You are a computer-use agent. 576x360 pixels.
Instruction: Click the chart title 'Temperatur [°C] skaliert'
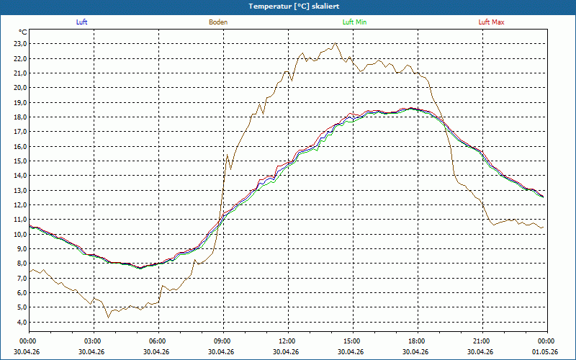click(x=294, y=6)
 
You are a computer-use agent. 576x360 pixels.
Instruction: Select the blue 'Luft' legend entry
click(x=81, y=22)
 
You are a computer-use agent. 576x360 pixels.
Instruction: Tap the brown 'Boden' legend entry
click(x=218, y=22)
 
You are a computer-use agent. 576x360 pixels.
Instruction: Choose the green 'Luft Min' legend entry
click(x=354, y=22)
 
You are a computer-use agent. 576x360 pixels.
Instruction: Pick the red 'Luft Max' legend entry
click(x=491, y=22)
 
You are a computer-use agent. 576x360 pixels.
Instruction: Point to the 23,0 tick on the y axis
click(x=20, y=44)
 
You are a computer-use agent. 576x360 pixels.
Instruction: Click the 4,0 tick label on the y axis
click(x=22, y=322)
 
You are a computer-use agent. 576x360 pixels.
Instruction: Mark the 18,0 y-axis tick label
click(x=20, y=117)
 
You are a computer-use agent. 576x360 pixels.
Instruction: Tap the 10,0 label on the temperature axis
click(x=20, y=235)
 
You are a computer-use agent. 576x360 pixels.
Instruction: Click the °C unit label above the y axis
click(x=22, y=32)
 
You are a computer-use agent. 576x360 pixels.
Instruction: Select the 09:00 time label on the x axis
click(x=224, y=341)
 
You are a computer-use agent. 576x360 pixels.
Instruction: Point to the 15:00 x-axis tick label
click(x=353, y=341)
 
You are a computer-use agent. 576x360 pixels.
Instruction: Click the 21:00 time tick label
click(x=482, y=341)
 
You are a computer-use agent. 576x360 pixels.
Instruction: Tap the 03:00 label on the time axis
click(x=94, y=341)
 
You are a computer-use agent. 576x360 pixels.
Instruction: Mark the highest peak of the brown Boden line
click(x=335, y=42)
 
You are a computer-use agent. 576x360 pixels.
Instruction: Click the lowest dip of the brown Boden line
click(x=108, y=318)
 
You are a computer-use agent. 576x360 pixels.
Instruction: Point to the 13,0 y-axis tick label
click(x=20, y=190)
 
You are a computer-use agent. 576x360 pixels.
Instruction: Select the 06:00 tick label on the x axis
click(x=158, y=341)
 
